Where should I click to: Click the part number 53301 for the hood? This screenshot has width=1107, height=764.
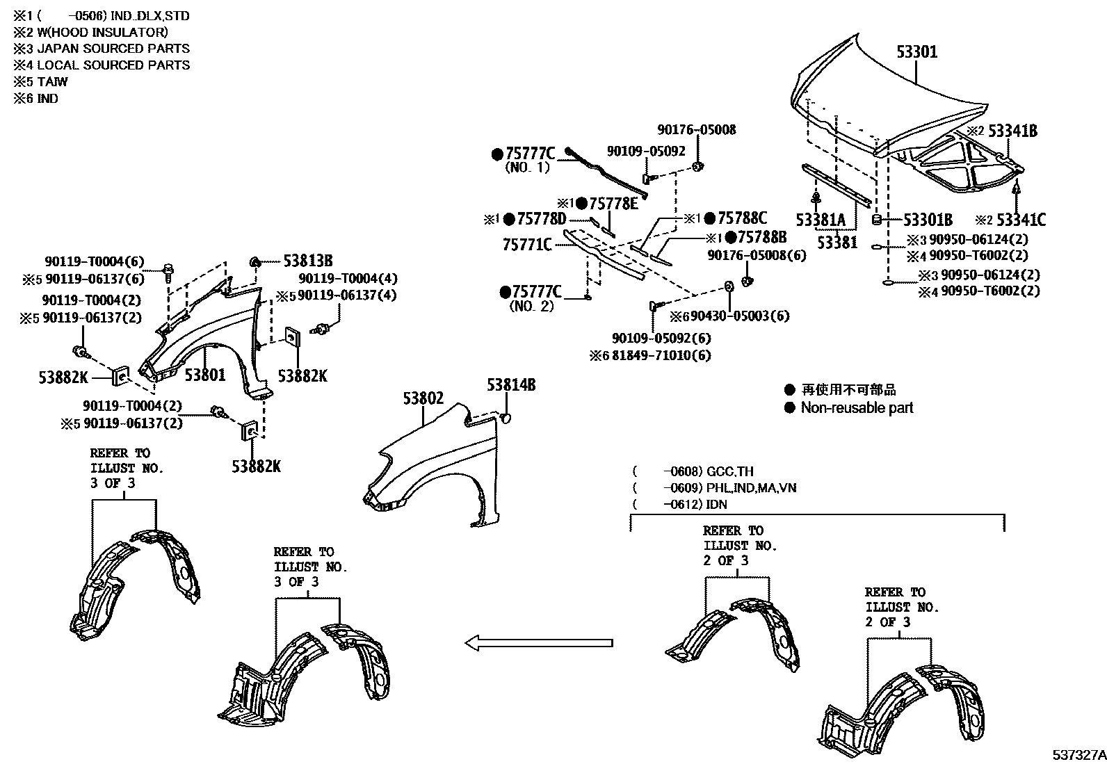(x=916, y=52)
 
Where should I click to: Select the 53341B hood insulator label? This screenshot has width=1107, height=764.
(x=1012, y=131)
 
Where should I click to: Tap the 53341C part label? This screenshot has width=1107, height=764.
(x=1021, y=220)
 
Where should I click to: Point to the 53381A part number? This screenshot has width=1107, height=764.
(x=821, y=221)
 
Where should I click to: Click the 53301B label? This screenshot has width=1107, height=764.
(x=928, y=220)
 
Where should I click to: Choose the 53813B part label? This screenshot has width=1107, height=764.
(x=307, y=261)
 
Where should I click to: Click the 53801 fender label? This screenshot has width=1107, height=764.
(x=205, y=375)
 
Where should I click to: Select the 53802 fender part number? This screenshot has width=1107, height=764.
(x=423, y=398)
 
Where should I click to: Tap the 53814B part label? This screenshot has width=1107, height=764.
(x=511, y=385)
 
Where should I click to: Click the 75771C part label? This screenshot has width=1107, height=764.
(x=526, y=244)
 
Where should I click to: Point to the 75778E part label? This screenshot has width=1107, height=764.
(x=613, y=203)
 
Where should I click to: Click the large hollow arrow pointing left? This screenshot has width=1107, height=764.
(x=539, y=643)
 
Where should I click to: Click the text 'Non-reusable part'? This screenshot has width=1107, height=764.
(x=857, y=408)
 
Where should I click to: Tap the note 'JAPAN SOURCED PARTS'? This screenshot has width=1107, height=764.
(x=113, y=49)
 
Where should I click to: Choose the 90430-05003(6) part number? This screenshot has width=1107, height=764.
(x=740, y=316)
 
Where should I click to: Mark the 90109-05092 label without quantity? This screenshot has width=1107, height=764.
(x=646, y=151)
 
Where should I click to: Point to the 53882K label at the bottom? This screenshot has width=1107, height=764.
(x=256, y=466)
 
